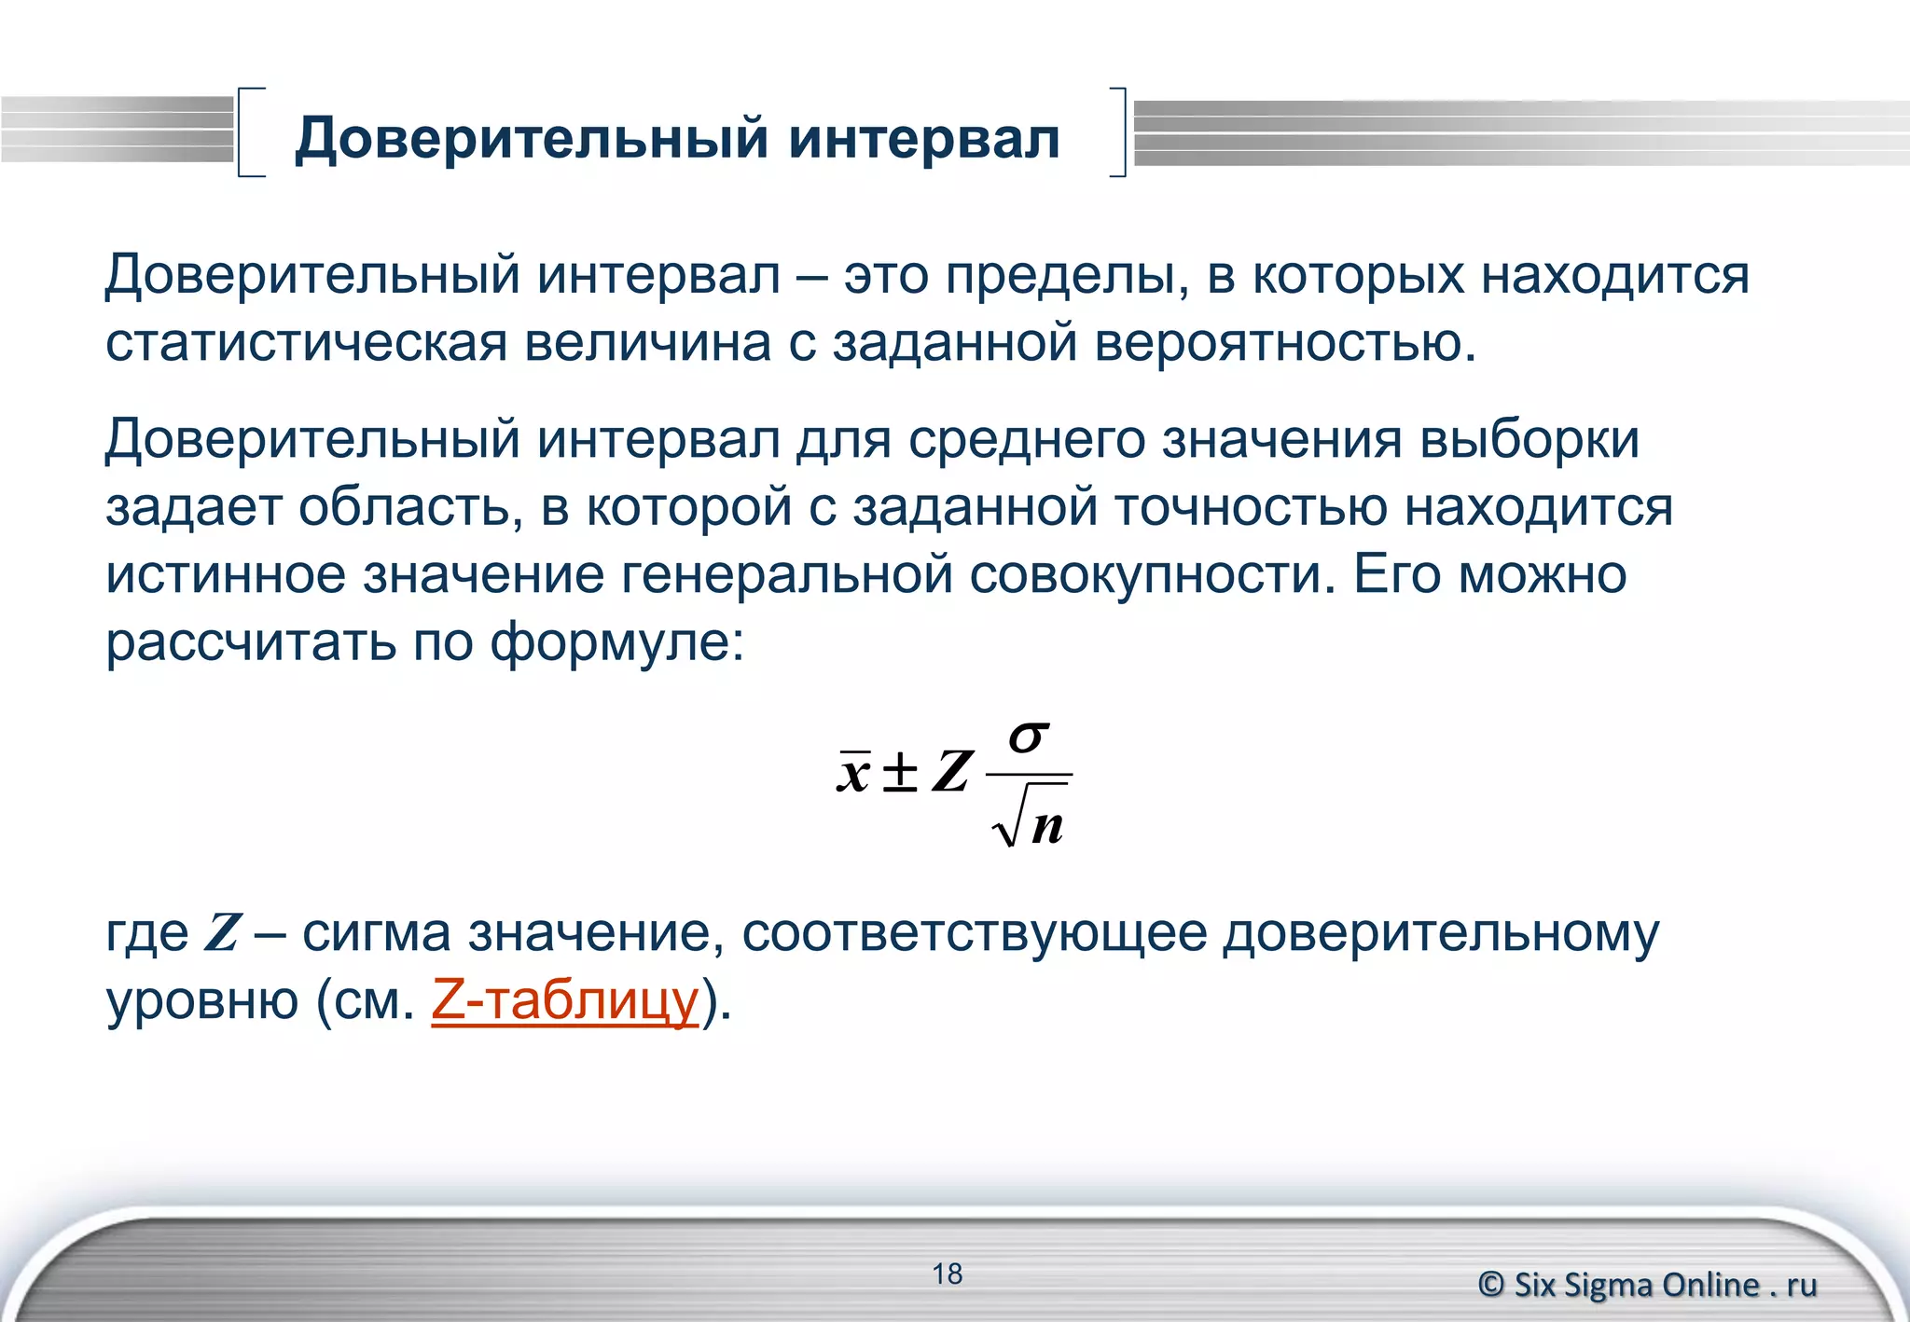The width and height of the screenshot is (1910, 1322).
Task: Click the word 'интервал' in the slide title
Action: tap(923, 138)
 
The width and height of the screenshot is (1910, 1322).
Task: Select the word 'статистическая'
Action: tap(306, 343)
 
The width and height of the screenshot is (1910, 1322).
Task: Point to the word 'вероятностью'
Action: tap(1285, 343)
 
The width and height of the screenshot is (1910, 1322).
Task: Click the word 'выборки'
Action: tap(1529, 439)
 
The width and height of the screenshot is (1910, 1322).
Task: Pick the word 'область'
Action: tap(410, 507)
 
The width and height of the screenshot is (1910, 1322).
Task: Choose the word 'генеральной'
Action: tap(787, 574)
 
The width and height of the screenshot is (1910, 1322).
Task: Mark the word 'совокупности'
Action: tap(1147, 574)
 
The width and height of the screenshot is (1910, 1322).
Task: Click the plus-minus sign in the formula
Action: tap(900, 772)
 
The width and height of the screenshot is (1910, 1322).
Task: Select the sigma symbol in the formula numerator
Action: tap(1029, 737)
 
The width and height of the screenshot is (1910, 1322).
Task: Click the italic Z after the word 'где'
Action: tap(223, 932)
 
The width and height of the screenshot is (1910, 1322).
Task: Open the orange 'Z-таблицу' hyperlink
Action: tap(565, 1000)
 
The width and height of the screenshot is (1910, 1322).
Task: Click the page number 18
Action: tap(947, 1274)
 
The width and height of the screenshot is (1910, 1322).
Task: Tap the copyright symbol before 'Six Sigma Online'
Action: tap(1491, 1285)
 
